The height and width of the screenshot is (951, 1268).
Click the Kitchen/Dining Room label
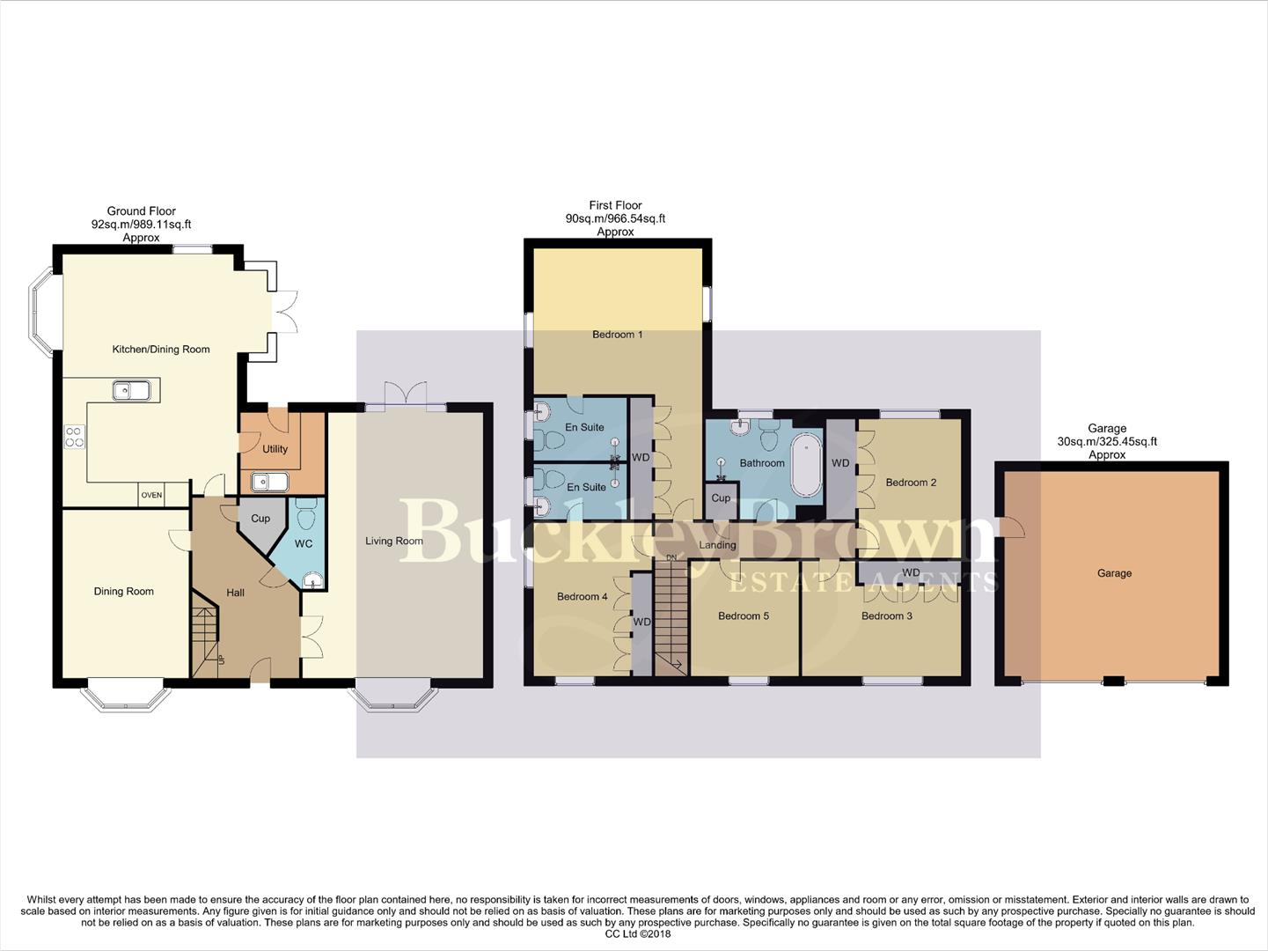(161, 350)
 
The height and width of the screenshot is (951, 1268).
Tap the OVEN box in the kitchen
(151, 496)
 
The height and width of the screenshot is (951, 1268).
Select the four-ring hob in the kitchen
(75, 437)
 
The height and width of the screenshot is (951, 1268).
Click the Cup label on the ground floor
(260, 519)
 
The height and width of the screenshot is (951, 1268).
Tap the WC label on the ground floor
(304, 544)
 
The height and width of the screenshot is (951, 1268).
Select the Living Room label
(394, 541)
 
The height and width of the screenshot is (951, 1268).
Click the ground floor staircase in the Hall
(205, 632)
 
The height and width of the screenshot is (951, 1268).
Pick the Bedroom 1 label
(617, 335)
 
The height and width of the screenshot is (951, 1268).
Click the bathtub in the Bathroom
(805, 464)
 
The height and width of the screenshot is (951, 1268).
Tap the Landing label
(717, 545)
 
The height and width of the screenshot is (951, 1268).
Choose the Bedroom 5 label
(744, 616)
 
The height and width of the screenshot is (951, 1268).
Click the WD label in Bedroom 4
(642, 622)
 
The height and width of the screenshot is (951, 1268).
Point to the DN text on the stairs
(671, 558)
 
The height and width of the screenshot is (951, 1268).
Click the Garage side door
(1013, 528)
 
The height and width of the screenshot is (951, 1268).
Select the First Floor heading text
(615, 205)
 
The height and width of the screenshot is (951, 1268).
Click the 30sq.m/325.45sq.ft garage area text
(1107, 442)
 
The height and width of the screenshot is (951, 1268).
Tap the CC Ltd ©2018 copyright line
(634, 934)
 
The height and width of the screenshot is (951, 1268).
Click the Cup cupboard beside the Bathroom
(721, 498)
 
